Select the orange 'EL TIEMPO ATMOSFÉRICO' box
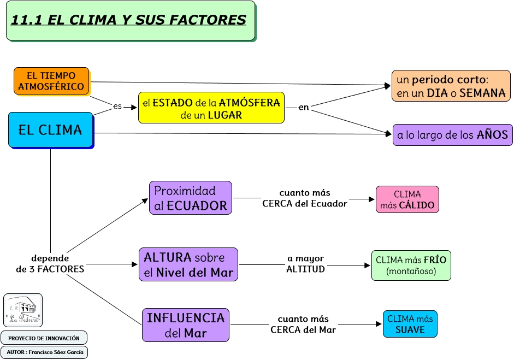pyautogui.click(x=51, y=81)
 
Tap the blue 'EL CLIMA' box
pyautogui.click(x=50, y=130)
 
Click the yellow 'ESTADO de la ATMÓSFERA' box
pyautogui.click(x=211, y=108)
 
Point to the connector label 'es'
pyautogui.click(x=117, y=107)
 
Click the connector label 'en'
pyautogui.click(x=304, y=108)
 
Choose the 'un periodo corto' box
pyautogui.click(x=451, y=86)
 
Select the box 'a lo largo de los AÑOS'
pyautogui.click(x=452, y=134)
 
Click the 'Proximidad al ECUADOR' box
pyautogui.click(x=191, y=198)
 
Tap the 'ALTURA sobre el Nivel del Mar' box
pyautogui.click(x=188, y=264)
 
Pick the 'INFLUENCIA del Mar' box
pyautogui.click(x=186, y=324)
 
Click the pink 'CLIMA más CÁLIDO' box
pyautogui.click(x=407, y=199)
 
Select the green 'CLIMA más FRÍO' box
pyautogui.click(x=411, y=265)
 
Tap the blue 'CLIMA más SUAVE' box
pyautogui.click(x=410, y=324)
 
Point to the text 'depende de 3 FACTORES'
pyautogui.click(x=50, y=264)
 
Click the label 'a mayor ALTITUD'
pyautogui.click(x=306, y=264)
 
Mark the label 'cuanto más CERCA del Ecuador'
pyautogui.click(x=305, y=198)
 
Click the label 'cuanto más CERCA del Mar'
pyautogui.click(x=303, y=324)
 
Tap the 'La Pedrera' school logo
pyautogui.click(x=23, y=310)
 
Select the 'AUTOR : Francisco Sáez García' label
pyautogui.click(x=44, y=352)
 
